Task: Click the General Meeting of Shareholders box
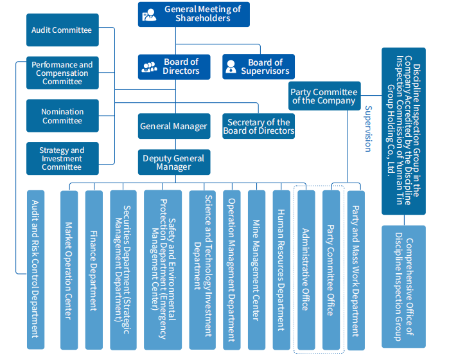[x=193, y=14]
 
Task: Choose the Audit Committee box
[x=62, y=30]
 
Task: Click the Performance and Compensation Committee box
[x=62, y=73]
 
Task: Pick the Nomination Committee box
[x=62, y=116]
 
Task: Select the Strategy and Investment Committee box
[x=62, y=158]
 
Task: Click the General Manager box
[x=173, y=126]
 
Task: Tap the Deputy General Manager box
[x=173, y=163]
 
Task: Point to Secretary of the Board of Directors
[x=259, y=126]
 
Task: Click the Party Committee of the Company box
[x=323, y=96]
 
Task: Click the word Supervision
[x=368, y=129]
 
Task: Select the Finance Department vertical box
[x=94, y=270]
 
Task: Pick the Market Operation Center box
[x=69, y=270]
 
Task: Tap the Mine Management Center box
[x=256, y=270]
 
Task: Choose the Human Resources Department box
[x=281, y=270]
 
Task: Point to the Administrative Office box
[x=306, y=270]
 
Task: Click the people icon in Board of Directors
[x=150, y=66]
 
